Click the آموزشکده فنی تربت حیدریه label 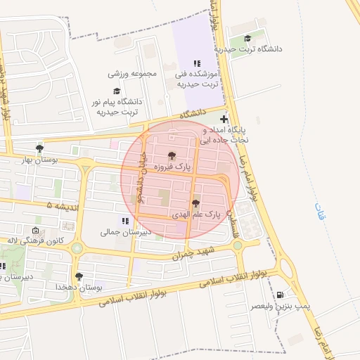pyautogui.click(x=199, y=79)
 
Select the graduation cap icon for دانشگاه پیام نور pyautogui.click(x=117, y=91)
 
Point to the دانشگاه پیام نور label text pyautogui.click(x=117, y=106)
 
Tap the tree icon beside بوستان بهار pyautogui.click(x=39, y=148)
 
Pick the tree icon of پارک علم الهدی pyautogui.click(x=195, y=203)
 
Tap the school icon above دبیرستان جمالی pyautogui.click(x=125, y=221)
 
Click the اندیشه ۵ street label pyautogui.click(x=60, y=205)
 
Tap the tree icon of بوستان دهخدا pyautogui.click(x=78, y=277)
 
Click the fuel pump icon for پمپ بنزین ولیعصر pyautogui.click(x=281, y=295)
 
